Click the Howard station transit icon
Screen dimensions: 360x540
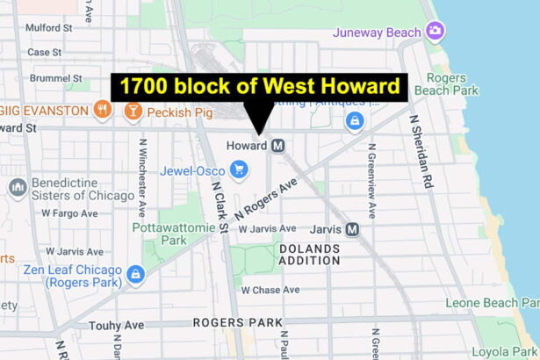click(278, 145)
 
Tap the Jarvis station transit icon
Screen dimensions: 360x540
click(352, 229)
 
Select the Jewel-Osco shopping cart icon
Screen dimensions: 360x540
click(239, 169)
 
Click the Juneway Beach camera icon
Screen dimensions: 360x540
click(435, 32)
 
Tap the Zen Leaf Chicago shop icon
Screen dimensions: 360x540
click(135, 274)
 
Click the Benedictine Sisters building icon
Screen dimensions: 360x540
click(18, 187)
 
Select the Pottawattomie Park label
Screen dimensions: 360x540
click(160, 233)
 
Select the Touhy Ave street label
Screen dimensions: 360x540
click(116, 325)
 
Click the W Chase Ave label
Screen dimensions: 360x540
click(270, 290)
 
